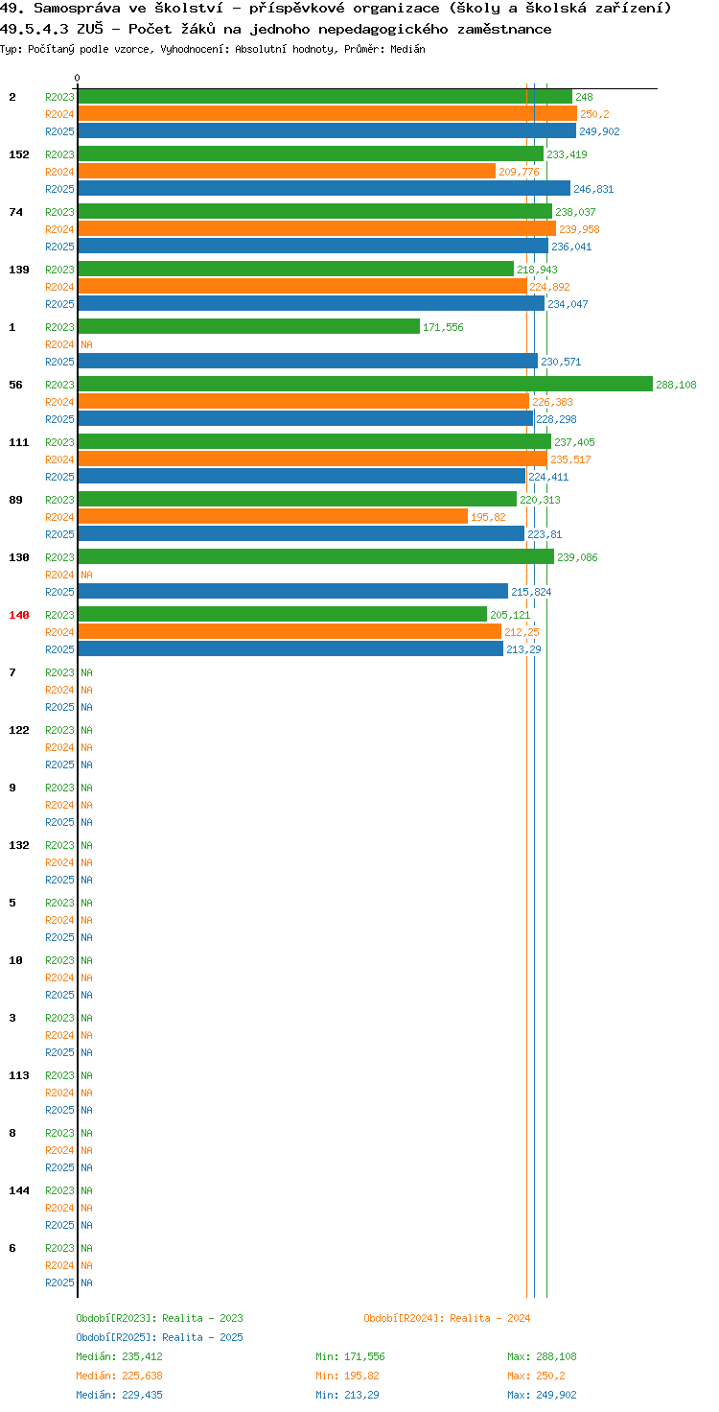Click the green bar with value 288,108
365,384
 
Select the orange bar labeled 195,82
273,516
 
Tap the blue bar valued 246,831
325,188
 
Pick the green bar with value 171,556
249,326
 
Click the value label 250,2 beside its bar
594,114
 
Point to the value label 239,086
577,557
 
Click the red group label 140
19,615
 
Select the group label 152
19,154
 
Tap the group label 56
15,385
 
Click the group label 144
19,1190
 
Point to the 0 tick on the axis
77,78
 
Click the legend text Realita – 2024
490,1318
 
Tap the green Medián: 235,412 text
119,1356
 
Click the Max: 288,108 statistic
542,1356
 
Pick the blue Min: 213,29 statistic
347,1395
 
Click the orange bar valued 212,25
290,631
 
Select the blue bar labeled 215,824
293,591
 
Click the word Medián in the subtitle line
407,49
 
